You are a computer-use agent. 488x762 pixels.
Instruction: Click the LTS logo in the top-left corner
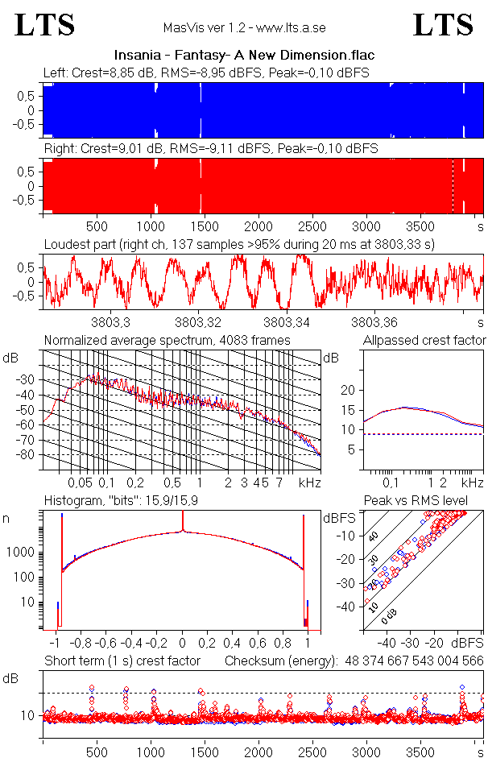pyautogui.click(x=45, y=26)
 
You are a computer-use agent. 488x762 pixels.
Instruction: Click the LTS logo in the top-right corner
pyautogui.click(x=443, y=26)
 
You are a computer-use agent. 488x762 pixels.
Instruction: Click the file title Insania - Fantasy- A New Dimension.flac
pyautogui.click(x=244, y=56)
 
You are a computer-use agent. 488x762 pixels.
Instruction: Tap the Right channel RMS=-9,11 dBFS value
pyautogui.click(x=211, y=149)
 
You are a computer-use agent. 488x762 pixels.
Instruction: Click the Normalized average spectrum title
pyautogui.click(x=167, y=340)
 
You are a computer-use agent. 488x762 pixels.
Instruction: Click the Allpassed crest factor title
pyautogui.click(x=424, y=340)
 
